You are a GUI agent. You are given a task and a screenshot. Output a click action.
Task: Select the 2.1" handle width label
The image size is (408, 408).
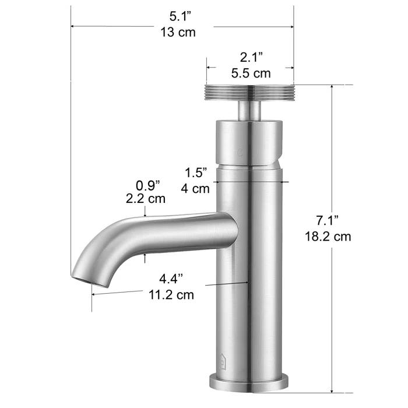[x=252, y=58]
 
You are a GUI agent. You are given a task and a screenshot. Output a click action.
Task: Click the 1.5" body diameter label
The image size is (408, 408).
[x=196, y=173]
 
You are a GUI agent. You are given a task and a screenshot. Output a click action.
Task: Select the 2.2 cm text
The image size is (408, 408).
[x=145, y=199]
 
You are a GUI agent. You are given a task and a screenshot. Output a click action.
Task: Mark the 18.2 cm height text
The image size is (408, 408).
[x=327, y=237]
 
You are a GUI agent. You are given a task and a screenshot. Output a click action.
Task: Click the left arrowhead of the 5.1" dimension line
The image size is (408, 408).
[x=73, y=26]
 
